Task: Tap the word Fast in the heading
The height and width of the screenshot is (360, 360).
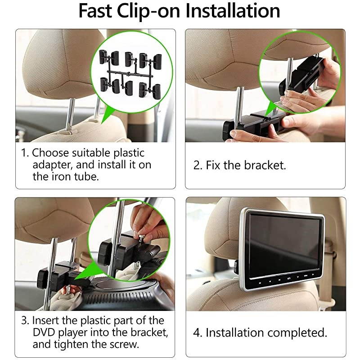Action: point(95,11)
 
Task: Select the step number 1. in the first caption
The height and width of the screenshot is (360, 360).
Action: point(25,153)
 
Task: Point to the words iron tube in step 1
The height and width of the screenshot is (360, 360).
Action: point(72,176)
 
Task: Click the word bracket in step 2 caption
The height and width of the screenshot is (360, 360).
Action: point(265,165)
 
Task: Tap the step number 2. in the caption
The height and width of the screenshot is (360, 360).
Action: point(198,165)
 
